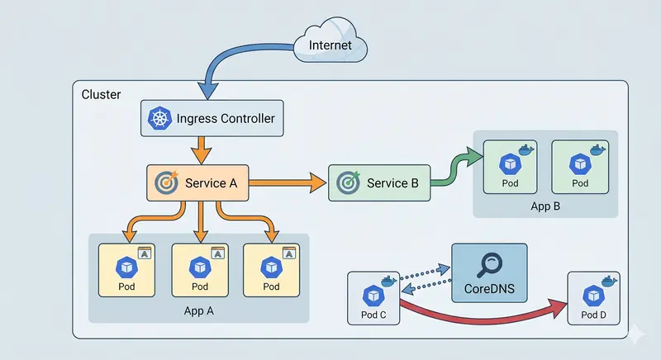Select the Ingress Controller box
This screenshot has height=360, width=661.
click(x=212, y=118)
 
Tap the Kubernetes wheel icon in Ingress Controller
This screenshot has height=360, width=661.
click(x=159, y=119)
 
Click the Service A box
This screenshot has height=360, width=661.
click(x=197, y=182)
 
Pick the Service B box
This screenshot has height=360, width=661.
click(x=379, y=182)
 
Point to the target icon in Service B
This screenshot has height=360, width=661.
click(x=350, y=182)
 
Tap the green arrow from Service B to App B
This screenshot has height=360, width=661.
click(x=454, y=169)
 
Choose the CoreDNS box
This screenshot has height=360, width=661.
click(x=488, y=272)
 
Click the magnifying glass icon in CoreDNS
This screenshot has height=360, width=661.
click(x=489, y=264)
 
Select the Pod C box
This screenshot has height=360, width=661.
click(x=373, y=298)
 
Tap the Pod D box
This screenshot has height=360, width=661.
click(x=593, y=298)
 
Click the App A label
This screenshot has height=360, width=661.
click(x=198, y=311)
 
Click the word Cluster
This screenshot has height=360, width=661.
click(x=101, y=95)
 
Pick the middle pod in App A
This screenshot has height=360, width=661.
click(x=200, y=270)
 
